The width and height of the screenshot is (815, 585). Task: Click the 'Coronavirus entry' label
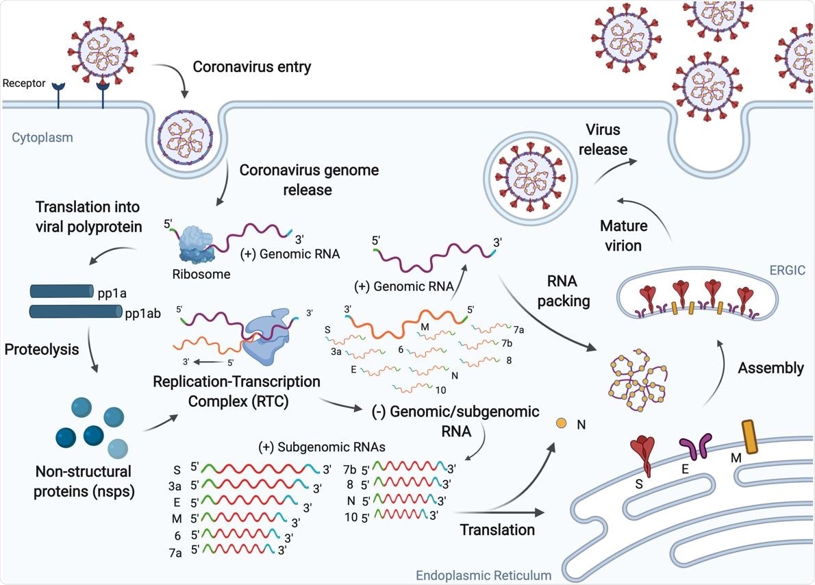[251, 67]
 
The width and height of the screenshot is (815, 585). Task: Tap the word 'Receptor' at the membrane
[24, 84]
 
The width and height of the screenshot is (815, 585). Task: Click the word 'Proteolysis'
[41, 349]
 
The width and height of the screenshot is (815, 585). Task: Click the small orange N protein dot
[561, 424]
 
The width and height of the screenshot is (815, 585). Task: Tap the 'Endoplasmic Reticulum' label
[484, 575]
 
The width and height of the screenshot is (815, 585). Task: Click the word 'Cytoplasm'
[42, 138]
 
